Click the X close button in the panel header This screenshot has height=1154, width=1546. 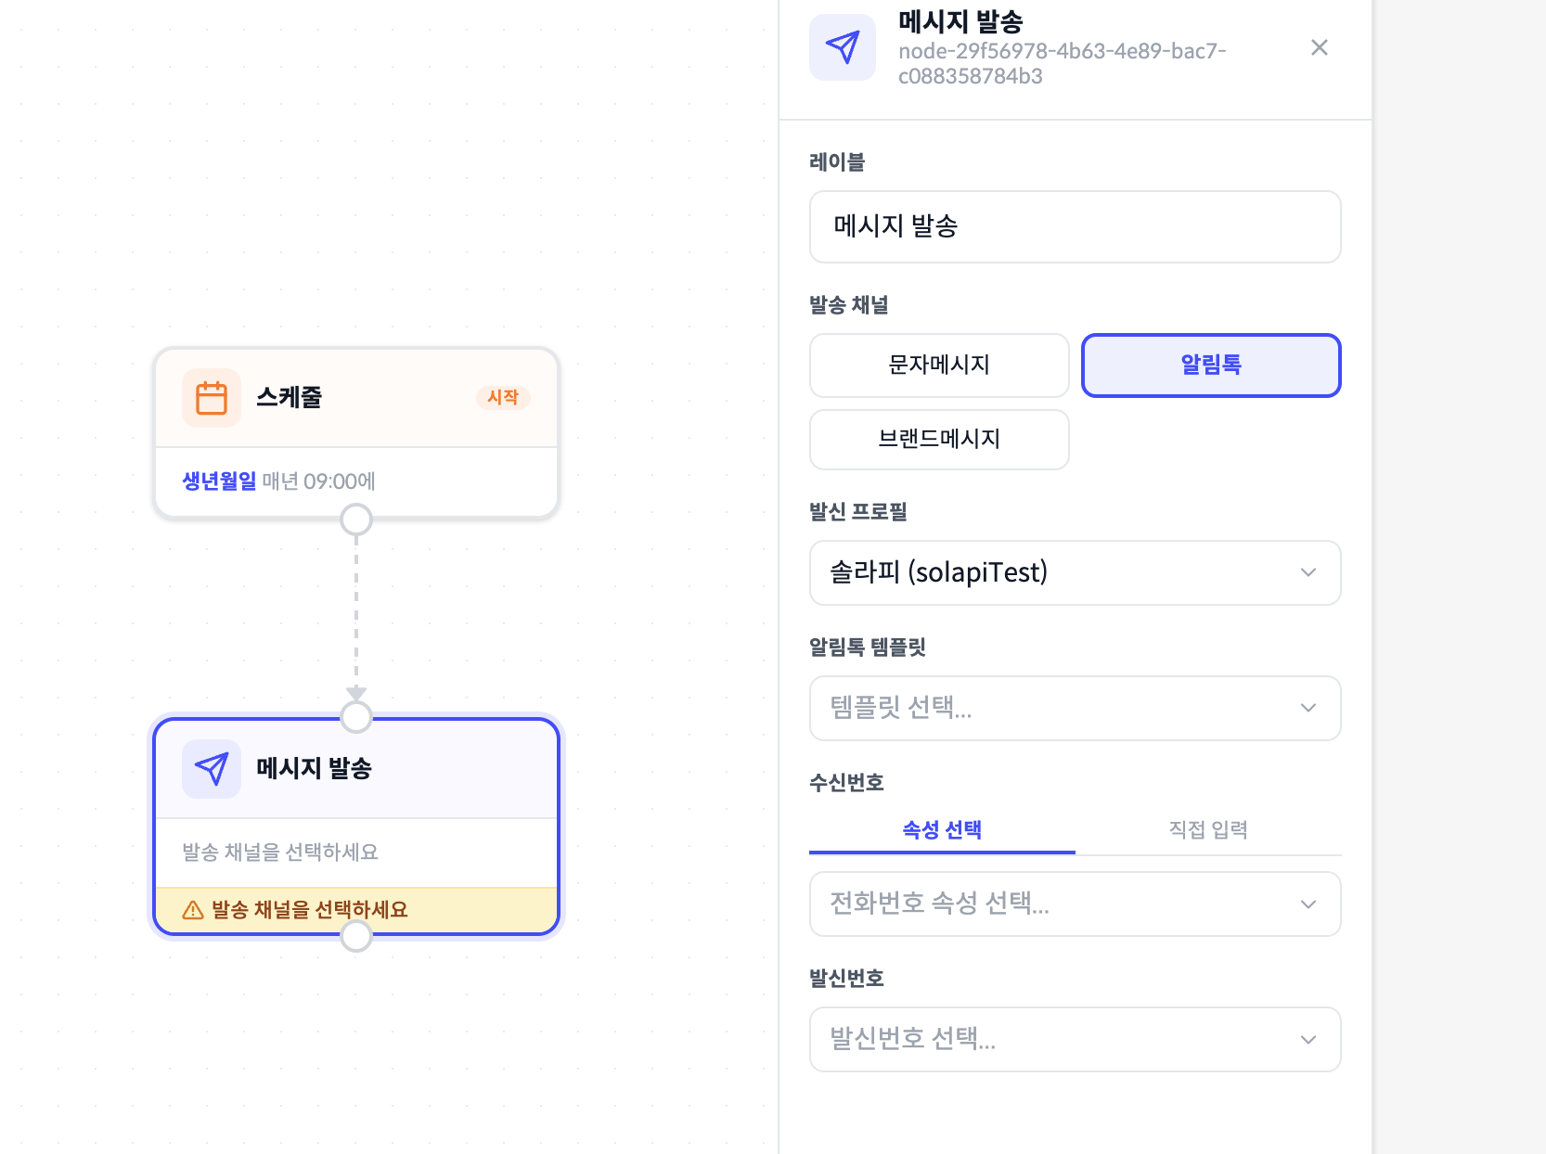(x=1319, y=47)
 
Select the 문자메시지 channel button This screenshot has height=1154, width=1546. (x=939, y=365)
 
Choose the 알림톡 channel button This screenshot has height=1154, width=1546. (x=1211, y=365)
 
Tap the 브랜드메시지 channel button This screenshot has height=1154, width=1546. (x=939, y=440)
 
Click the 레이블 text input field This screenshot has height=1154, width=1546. (x=1075, y=227)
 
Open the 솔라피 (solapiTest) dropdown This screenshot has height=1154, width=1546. (x=1075, y=573)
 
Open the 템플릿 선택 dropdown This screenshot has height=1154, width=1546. (x=1075, y=709)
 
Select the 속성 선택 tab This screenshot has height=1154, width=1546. (x=942, y=830)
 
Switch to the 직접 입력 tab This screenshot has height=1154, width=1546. (x=1208, y=830)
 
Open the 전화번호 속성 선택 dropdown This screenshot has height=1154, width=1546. (x=1075, y=904)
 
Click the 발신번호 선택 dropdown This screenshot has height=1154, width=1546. (x=1075, y=1040)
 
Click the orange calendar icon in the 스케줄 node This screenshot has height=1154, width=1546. (x=212, y=398)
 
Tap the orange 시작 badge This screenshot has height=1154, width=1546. (x=503, y=398)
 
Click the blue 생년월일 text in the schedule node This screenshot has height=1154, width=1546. (x=219, y=481)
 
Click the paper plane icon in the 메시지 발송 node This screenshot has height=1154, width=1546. (x=212, y=769)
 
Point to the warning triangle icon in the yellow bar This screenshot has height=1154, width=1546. (x=193, y=910)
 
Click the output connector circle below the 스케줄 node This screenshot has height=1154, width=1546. (x=356, y=519)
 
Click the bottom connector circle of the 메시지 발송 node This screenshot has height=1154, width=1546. (x=356, y=936)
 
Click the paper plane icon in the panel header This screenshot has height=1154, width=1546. (x=843, y=47)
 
